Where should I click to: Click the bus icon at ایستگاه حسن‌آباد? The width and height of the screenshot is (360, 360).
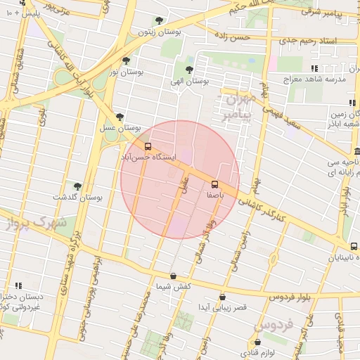(148, 147)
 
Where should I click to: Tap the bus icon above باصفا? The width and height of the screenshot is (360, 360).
(214, 184)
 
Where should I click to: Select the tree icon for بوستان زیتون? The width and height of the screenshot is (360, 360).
(159, 20)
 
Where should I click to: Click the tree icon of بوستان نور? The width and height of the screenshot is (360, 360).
(126, 60)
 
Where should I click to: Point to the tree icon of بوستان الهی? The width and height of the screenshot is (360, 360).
(189, 70)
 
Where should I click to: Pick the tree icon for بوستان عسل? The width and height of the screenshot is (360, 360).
(120, 117)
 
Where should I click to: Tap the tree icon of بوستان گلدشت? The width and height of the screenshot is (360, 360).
(77, 186)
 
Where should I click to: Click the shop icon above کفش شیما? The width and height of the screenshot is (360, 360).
(174, 276)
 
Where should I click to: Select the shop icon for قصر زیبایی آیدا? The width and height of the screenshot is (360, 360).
(223, 297)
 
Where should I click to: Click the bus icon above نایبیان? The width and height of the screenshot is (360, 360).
(354, 246)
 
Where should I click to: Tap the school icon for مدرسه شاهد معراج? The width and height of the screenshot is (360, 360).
(314, 68)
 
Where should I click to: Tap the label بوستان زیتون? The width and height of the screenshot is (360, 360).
(155, 32)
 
